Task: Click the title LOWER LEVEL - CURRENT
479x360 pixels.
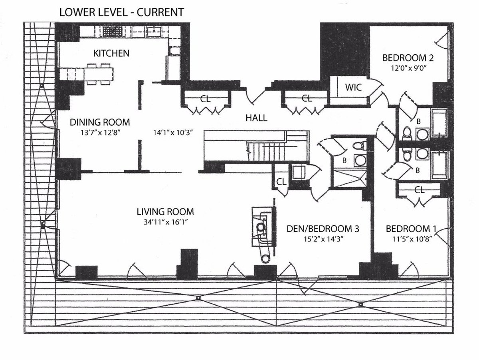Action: tap(121, 12)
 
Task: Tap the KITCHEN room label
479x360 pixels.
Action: tap(111, 53)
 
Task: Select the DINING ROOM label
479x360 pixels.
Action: tap(100, 122)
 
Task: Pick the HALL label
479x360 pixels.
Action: tap(256, 118)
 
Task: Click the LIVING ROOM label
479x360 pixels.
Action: tap(165, 212)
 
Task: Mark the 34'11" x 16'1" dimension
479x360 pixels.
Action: tap(165, 222)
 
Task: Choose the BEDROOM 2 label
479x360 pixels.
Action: tap(408, 57)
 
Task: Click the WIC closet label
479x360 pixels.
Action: tap(354, 87)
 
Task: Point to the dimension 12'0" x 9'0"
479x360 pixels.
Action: tap(408, 68)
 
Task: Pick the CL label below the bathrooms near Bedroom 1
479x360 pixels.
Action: tap(419, 190)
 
